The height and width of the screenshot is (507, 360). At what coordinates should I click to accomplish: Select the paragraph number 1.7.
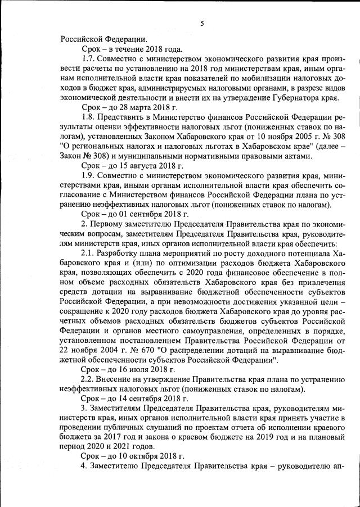coord(89,60)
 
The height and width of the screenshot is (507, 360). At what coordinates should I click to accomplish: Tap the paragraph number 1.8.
coord(89,117)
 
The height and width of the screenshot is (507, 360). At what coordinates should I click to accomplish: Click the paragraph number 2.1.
coord(89,253)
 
